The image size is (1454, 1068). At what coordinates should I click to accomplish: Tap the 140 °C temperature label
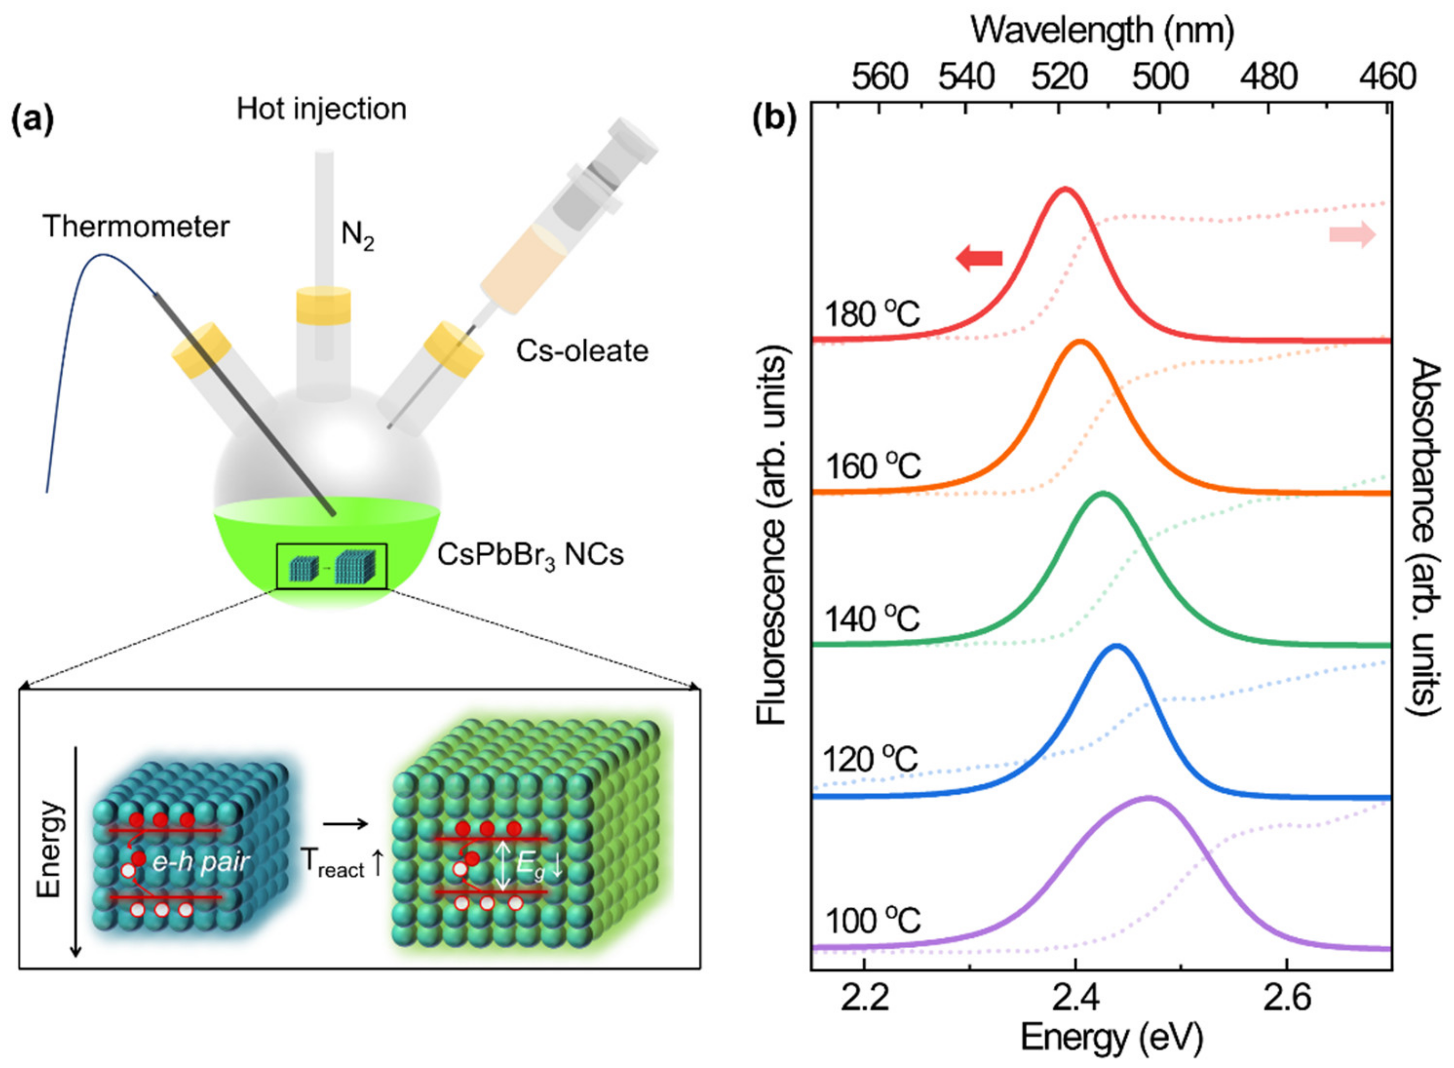872,619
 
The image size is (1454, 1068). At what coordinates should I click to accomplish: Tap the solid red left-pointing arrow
979,259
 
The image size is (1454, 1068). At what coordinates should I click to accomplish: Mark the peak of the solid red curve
1064,189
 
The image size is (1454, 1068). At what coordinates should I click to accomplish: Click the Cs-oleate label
582,351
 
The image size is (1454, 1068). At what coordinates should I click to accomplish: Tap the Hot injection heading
321,108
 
